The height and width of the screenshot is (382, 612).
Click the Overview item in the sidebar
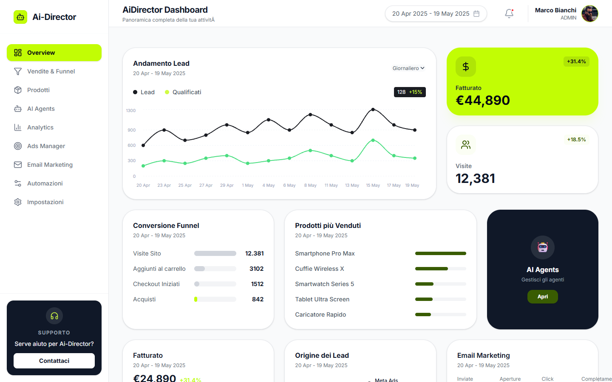pyautogui.click(x=54, y=53)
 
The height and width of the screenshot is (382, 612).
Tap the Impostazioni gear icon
pyautogui.click(x=18, y=202)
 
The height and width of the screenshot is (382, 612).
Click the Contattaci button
pyautogui.click(x=54, y=361)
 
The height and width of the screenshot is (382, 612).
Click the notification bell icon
pyautogui.click(x=509, y=14)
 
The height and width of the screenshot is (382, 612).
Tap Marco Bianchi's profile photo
pyautogui.click(x=590, y=14)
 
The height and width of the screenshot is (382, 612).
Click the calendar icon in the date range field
pyautogui.click(x=476, y=14)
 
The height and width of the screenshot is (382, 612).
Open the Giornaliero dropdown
pyautogui.click(x=408, y=68)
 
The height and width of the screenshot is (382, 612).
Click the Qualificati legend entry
pyautogui.click(x=183, y=92)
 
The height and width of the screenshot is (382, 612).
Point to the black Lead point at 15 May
pyautogui.click(x=373, y=110)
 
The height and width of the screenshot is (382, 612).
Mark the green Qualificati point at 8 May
pyautogui.click(x=310, y=151)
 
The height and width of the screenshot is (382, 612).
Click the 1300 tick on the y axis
pyautogui.click(x=130, y=110)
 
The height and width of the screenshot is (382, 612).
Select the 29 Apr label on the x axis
pyautogui.click(x=227, y=185)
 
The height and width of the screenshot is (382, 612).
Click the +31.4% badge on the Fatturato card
pyautogui.click(x=576, y=62)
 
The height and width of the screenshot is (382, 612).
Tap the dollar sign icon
pyautogui.click(x=466, y=67)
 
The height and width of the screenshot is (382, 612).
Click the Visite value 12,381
pyautogui.click(x=476, y=179)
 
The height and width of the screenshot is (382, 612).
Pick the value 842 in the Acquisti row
pyautogui.click(x=258, y=299)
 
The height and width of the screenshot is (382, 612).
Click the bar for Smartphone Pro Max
pyautogui.click(x=441, y=253)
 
